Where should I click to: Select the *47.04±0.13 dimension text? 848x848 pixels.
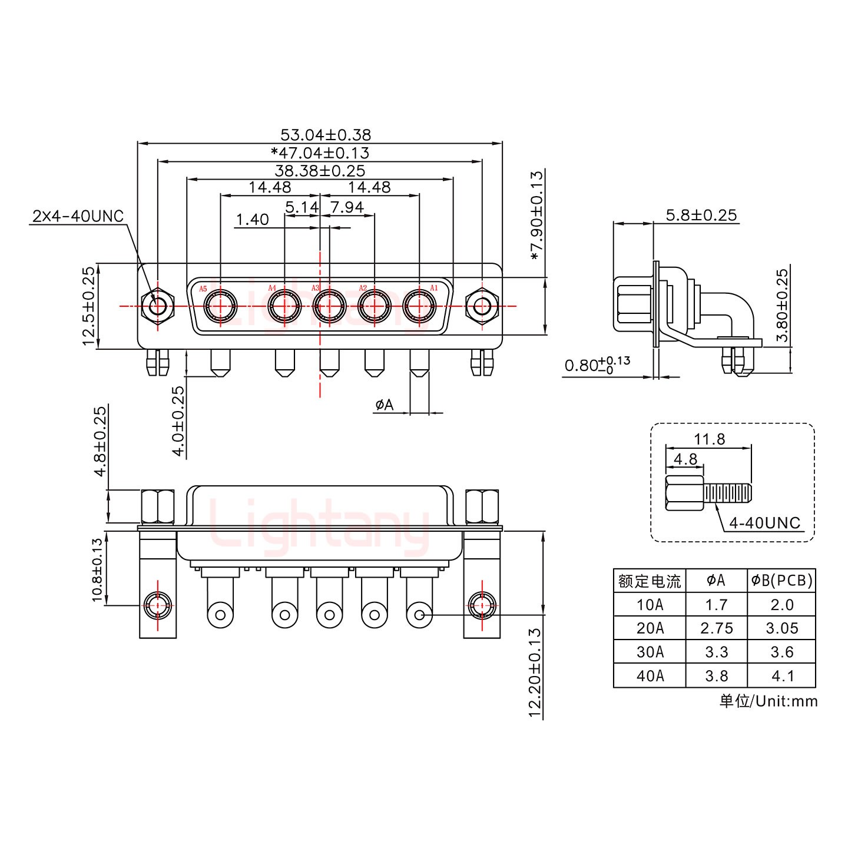pos(320,153)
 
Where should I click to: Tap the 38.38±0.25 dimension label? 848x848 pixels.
pos(320,171)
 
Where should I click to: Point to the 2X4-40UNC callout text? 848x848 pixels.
pos(78,216)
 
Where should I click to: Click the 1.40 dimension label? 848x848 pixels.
pos(252,220)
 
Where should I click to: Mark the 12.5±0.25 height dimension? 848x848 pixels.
pos(89,306)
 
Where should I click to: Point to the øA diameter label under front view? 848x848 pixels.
pos(384,405)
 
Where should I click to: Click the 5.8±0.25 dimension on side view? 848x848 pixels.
pos(701,215)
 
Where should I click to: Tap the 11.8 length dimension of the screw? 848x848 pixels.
pos(709,439)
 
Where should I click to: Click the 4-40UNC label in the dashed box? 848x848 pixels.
pos(764,522)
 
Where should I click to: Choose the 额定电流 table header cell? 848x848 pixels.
pos(650,581)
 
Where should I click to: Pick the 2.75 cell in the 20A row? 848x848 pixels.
pos(717,628)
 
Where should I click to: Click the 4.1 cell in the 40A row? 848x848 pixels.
pos(782,676)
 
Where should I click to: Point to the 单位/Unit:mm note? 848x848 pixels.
pos(768,701)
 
